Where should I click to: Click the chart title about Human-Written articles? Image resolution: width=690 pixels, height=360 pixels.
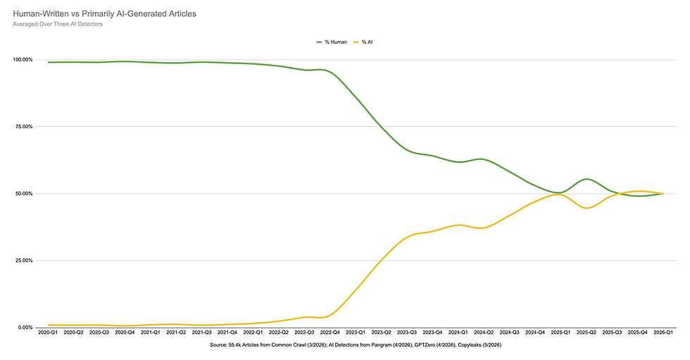105,13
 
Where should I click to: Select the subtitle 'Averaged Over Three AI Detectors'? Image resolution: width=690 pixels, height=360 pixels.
58,24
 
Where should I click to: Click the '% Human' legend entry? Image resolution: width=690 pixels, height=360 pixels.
332,42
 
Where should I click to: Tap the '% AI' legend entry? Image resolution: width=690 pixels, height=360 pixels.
363,42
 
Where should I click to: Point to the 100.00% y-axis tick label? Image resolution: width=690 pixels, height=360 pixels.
23,60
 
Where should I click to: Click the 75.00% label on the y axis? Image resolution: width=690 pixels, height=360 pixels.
24,127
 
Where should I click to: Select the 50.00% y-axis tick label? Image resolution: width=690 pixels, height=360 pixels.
24,194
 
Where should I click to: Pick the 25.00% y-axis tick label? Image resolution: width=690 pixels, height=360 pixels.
24,261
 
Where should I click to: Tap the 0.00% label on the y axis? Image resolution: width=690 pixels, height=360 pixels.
25,328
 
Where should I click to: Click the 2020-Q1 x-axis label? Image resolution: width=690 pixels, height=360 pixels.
48,333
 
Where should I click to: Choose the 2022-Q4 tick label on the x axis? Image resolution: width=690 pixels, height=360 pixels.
330,333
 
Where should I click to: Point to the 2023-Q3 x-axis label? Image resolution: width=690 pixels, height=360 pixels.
407,333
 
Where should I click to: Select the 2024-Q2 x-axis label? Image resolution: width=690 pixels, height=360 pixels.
484,333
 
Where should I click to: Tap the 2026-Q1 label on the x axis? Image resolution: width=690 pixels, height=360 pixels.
663,333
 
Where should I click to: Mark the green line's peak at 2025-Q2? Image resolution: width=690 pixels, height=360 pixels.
587,179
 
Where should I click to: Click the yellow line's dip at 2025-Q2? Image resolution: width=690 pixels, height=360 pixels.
587,208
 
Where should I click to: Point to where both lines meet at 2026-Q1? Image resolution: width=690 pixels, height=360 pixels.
663,194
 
